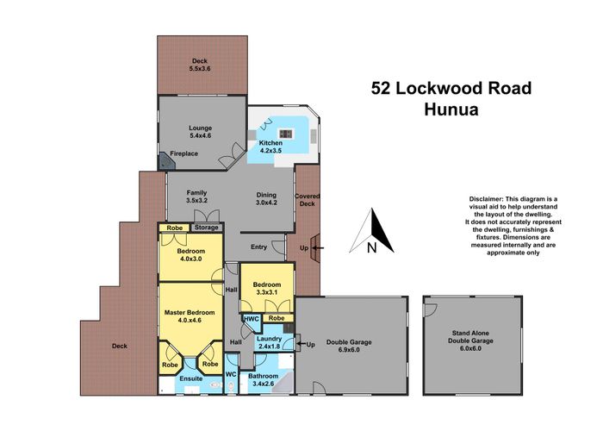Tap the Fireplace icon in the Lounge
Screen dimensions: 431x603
[x=163, y=159]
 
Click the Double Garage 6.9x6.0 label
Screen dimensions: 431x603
[x=349, y=342]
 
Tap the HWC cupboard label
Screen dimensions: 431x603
[x=251, y=318]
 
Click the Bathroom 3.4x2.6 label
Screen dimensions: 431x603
[x=263, y=380]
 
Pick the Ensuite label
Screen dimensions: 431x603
[x=190, y=378]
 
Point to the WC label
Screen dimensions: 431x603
[x=230, y=375]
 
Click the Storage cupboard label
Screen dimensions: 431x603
[x=206, y=228]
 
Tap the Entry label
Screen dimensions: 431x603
[x=258, y=247]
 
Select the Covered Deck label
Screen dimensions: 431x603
[x=308, y=201]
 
